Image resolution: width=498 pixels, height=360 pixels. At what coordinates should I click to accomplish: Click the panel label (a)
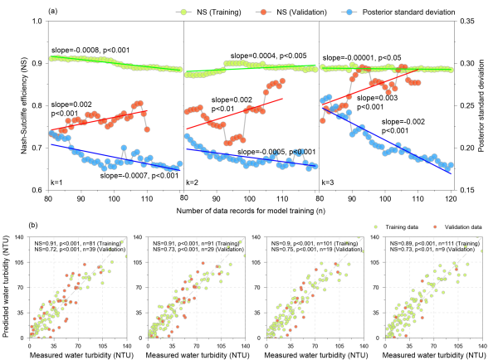[54, 12]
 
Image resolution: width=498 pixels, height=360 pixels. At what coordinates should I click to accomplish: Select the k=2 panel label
[193, 179]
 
